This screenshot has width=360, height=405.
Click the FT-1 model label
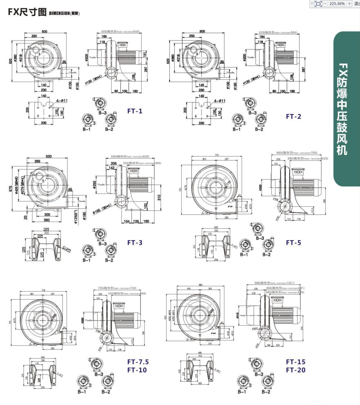coord(135,111)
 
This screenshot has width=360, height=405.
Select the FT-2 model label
coord(293,117)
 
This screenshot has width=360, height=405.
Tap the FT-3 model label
coord(135,243)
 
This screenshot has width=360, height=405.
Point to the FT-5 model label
coord(293,243)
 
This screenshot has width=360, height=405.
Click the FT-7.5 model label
coord(138,362)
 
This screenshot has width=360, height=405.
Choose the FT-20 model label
coord(296,370)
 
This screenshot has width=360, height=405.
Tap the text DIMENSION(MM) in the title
coord(64,13)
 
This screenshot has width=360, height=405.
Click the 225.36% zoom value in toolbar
coord(337,4)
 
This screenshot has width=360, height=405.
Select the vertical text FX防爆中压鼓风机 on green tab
coord(342,109)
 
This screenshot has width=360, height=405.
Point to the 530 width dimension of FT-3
coord(48,156)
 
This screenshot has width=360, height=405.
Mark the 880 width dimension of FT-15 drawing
coord(201,285)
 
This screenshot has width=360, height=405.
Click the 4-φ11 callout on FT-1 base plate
coord(62,100)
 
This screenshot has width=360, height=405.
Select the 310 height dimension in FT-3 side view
coord(159,198)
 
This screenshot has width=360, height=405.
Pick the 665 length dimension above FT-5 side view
coord(279,153)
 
